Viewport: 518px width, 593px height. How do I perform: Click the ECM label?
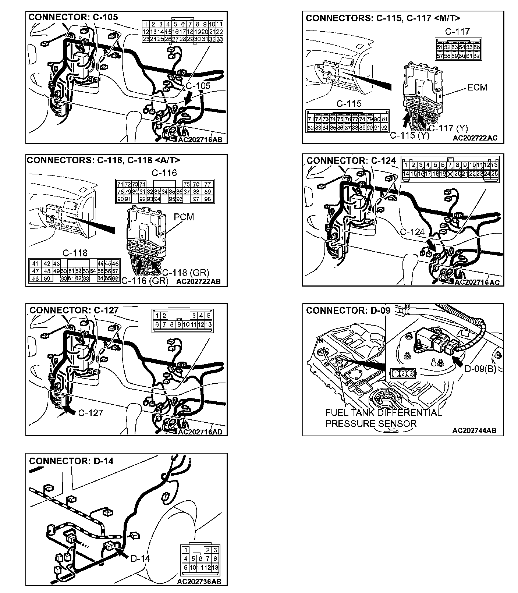click(477, 88)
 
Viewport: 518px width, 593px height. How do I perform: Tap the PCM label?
click(184, 217)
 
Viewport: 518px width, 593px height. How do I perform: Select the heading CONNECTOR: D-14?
click(71, 461)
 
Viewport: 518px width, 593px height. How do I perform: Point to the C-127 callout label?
click(91, 413)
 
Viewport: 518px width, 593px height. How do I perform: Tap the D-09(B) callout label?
click(480, 368)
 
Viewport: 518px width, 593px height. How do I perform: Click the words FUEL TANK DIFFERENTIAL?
click(383, 413)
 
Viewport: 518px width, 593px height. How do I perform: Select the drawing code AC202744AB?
click(474, 430)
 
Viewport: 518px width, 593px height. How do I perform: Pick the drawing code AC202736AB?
click(199, 582)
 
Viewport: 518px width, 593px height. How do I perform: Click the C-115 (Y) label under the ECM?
click(409, 135)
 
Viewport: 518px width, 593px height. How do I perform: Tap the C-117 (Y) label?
click(448, 128)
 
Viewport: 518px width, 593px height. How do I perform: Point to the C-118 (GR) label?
click(185, 273)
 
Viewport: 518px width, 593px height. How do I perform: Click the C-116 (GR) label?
click(145, 281)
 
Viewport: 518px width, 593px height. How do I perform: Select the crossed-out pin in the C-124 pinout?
click(450, 174)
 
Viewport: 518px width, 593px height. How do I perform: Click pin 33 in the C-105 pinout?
click(219, 39)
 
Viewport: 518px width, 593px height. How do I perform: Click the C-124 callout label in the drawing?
click(412, 232)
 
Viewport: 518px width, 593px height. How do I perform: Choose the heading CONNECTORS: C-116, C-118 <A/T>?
click(103, 160)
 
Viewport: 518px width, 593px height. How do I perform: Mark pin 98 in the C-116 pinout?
click(207, 199)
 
